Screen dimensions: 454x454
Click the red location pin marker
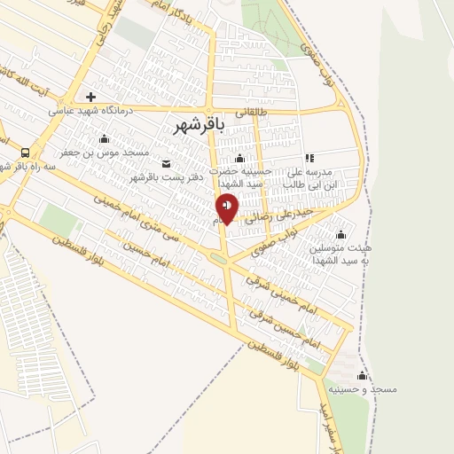[227, 208]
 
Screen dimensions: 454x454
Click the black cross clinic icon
[90, 97]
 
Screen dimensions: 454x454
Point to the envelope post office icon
[166, 164]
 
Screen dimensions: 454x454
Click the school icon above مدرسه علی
[309, 158]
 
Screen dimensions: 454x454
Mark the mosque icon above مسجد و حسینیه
[362, 374]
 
